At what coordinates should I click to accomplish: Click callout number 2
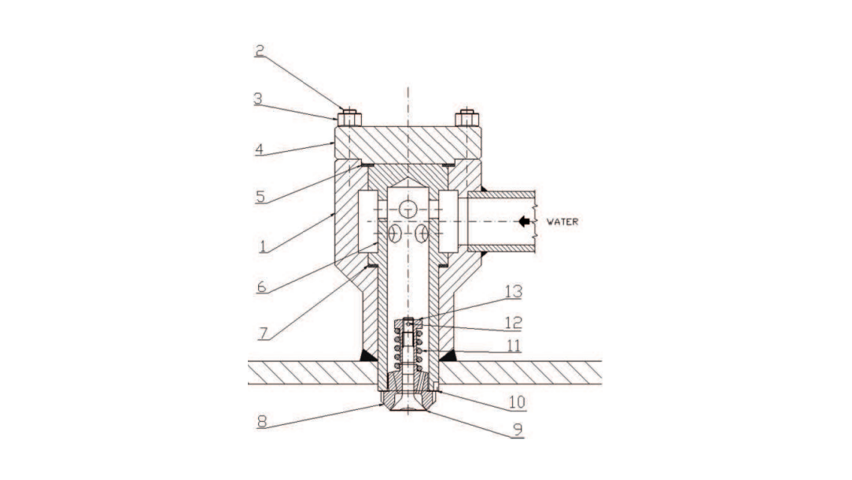click(x=260, y=50)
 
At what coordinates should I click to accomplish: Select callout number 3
click(x=258, y=98)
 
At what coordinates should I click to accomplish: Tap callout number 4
click(x=260, y=149)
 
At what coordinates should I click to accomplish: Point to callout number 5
click(x=260, y=196)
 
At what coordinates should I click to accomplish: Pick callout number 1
click(x=263, y=247)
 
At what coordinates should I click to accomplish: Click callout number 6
click(x=262, y=286)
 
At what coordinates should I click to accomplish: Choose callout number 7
click(x=264, y=333)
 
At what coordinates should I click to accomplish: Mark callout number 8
click(x=262, y=421)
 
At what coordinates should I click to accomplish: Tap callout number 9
click(x=518, y=430)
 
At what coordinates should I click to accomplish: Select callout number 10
click(x=517, y=402)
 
